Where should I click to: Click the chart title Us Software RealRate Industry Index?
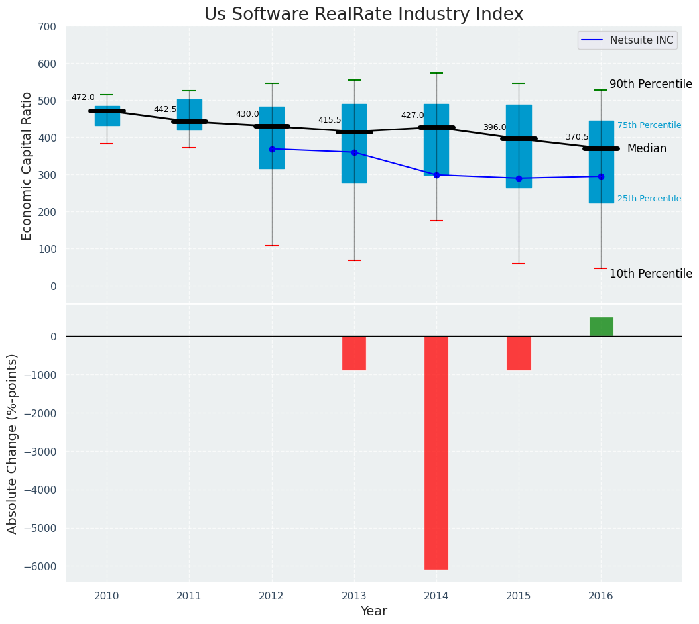pyautogui.click(x=363, y=15)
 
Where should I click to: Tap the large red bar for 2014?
pyautogui.click(x=436, y=452)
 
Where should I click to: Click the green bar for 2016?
pyautogui.click(x=601, y=327)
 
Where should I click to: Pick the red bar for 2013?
pyautogui.click(x=354, y=352)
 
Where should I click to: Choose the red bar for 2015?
pyautogui.click(x=519, y=352)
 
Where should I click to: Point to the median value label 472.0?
pyautogui.click(x=83, y=97)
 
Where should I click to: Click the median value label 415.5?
pyautogui.click(x=330, y=120)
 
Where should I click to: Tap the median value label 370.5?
pyautogui.click(x=577, y=137)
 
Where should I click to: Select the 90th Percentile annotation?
pyautogui.click(x=651, y=84)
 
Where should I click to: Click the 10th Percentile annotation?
pyautogui.click(x=651, y=274)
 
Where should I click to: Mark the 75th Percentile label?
pyautogui.click(x=649, y=125)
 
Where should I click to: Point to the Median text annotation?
pyautogui.click(x=647, y=148)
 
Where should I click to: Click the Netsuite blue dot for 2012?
pyautogui.click(x=272, y=149)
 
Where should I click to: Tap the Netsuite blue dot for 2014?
pyautogui.click(x=436, y=175)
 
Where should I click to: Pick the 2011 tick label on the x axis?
pyautogui.click(x=189, y=596)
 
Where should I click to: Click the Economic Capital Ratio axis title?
pyautogui.click(x=27, y=166)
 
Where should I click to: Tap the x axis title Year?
pyautogui.click(x=374, y=611)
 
